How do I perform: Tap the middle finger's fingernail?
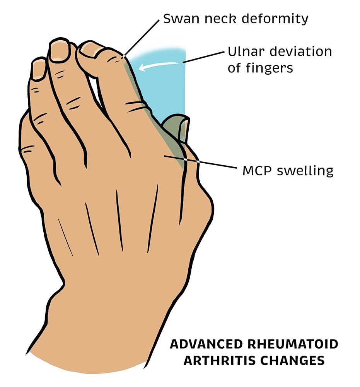60,50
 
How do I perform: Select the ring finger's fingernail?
39,69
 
